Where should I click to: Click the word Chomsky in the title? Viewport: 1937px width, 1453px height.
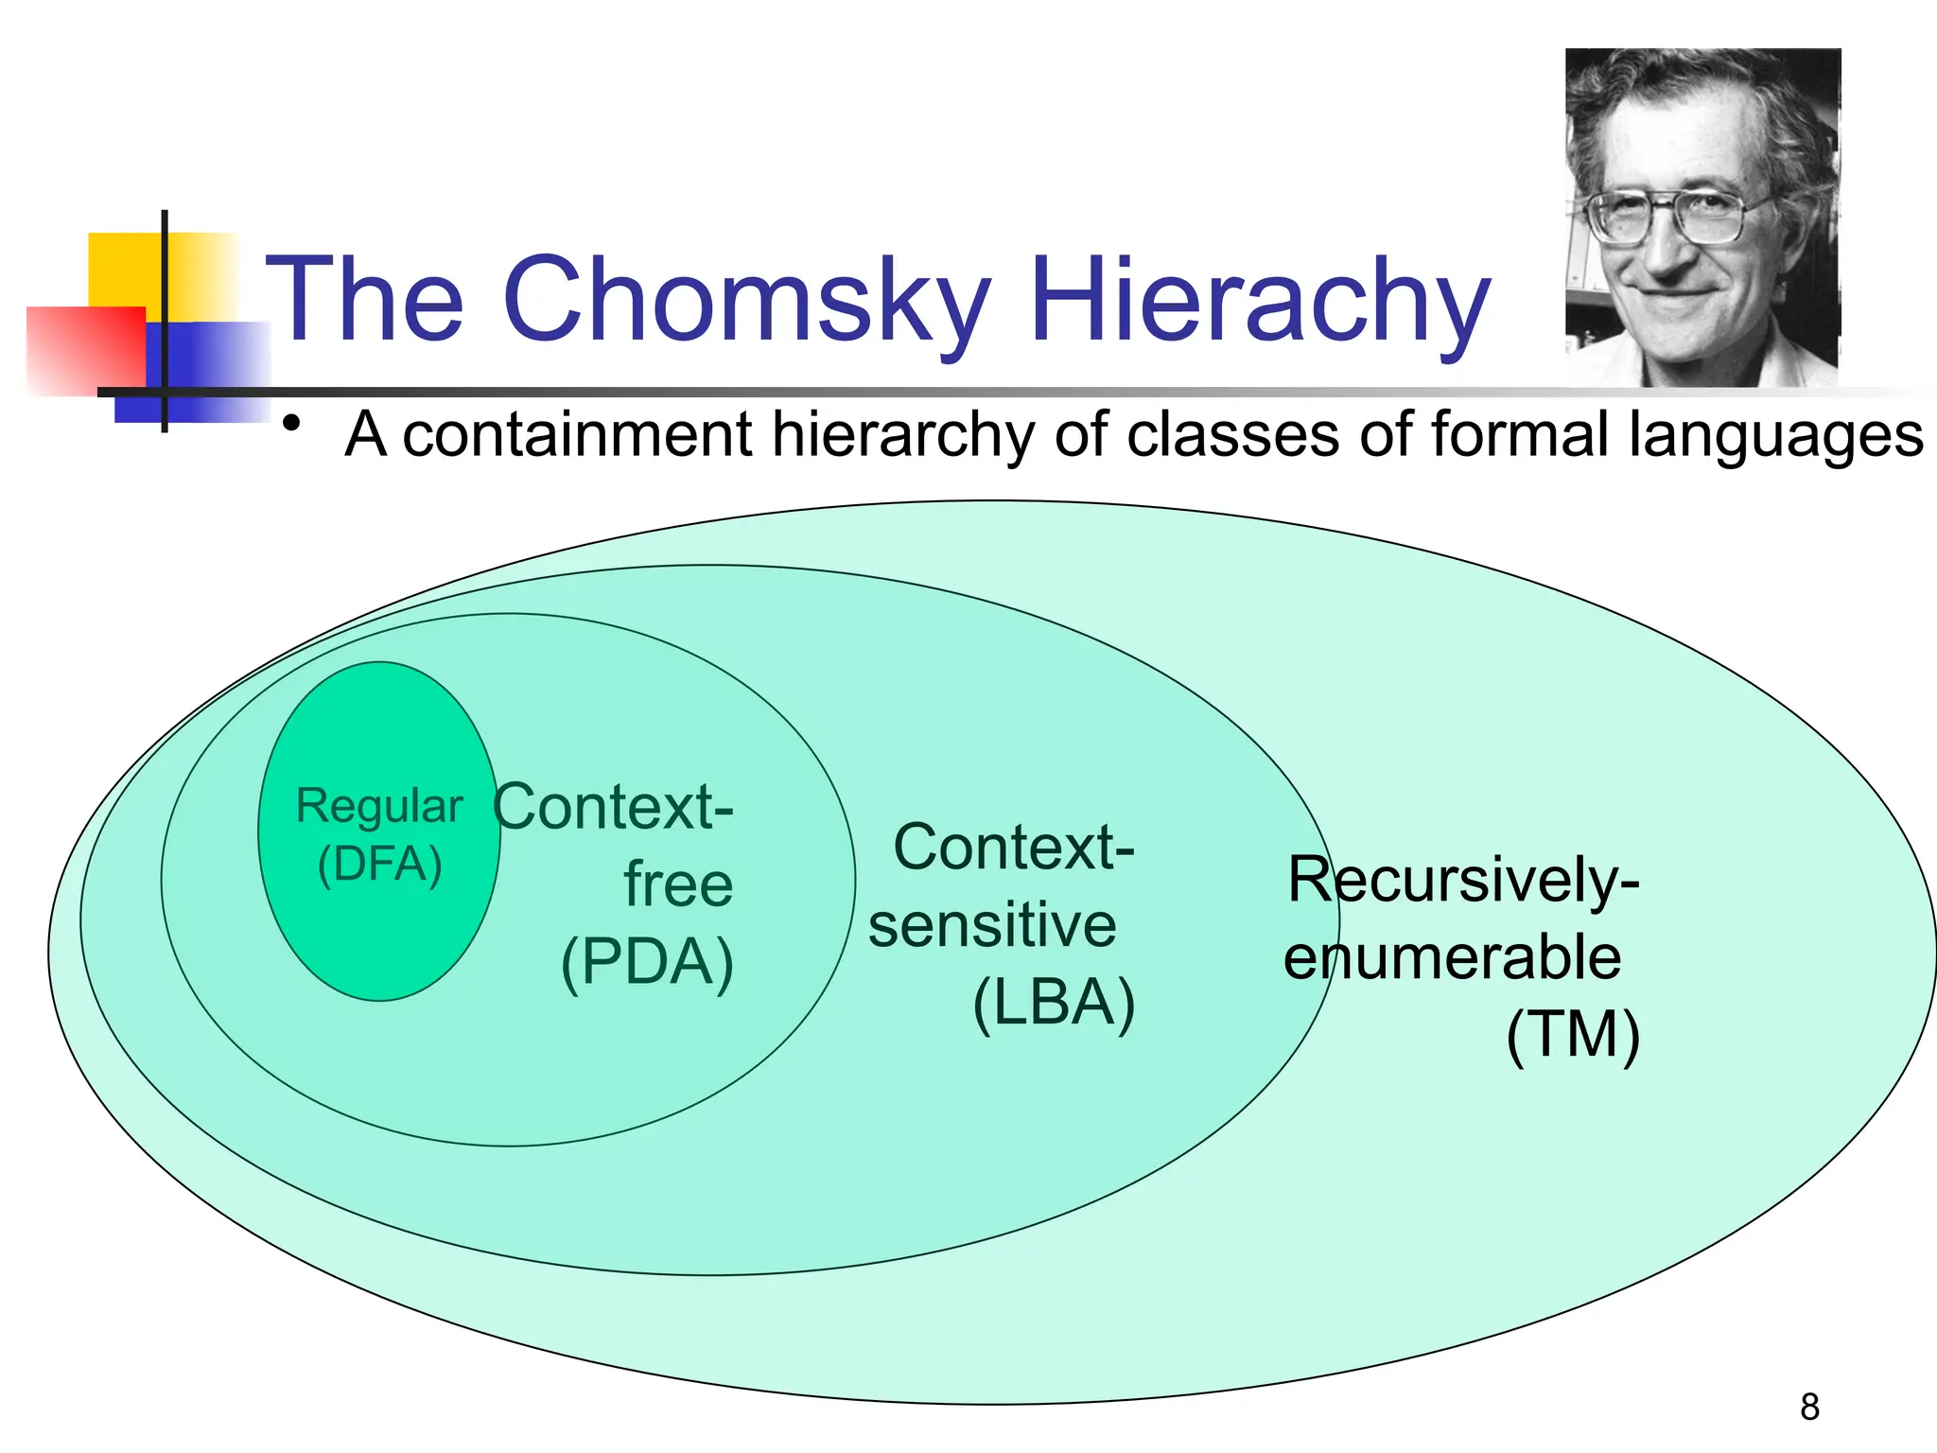coord(747,301)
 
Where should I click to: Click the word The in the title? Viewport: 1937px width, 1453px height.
coord(365,301)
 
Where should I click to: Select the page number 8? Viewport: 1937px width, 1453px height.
coord(1809,1407)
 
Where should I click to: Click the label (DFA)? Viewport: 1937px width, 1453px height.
coord(379,865)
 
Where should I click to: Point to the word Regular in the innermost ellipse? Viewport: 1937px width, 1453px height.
coord(379,807)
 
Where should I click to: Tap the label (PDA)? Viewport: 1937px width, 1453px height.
coord(647,963)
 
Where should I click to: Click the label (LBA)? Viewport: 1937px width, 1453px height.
coord(1054,1003)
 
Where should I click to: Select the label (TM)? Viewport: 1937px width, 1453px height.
coord(1572,1035)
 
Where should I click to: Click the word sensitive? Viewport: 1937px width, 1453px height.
coord(992,925)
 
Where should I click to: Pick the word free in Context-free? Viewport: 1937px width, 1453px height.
coord(678,885)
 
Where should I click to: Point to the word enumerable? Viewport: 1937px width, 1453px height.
coord(1452,957)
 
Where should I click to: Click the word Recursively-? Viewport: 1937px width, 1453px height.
coord(1463,880)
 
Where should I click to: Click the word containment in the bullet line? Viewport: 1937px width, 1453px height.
coord(578,435)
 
